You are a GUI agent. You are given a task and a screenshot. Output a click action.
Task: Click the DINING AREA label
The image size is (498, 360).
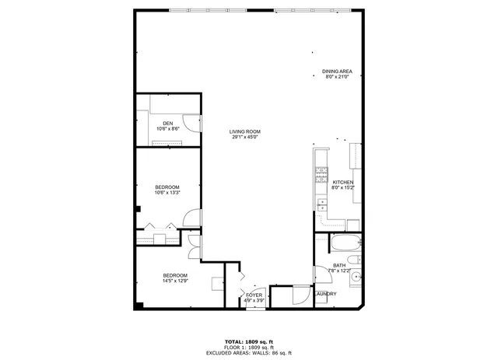337,72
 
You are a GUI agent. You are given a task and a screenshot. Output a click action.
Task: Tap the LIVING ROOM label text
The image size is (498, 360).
244,131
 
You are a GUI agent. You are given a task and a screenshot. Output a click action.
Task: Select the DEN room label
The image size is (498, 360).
167,123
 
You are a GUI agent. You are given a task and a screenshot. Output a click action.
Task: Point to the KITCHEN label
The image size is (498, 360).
343,182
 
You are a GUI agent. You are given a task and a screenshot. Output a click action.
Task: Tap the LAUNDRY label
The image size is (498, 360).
325,293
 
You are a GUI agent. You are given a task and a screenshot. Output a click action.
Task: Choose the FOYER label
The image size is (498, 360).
254,295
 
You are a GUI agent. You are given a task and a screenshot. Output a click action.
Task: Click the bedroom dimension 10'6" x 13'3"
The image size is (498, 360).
167,193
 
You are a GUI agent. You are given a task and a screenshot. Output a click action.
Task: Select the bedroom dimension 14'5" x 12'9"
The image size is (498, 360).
175,281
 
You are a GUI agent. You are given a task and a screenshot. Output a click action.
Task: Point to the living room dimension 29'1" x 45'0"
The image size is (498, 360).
244,138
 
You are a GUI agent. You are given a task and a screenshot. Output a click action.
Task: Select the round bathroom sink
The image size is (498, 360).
356,276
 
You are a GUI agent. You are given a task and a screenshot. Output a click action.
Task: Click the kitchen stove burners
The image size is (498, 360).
320,176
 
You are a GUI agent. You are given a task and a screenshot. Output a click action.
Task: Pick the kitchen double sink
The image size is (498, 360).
321,204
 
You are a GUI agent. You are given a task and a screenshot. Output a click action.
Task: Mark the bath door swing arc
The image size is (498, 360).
321,274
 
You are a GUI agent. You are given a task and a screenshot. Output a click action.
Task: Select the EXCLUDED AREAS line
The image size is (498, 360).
249,352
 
